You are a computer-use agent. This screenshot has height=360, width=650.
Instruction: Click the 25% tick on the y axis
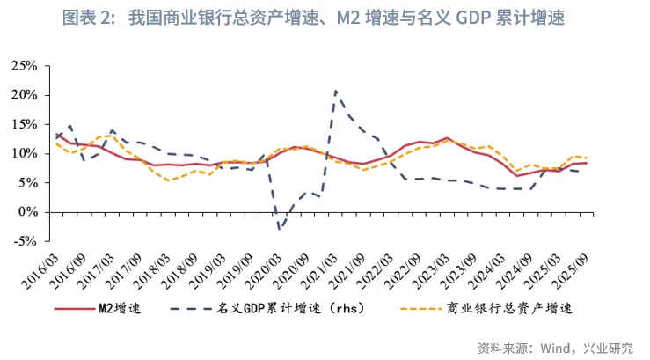[x=25, y=66]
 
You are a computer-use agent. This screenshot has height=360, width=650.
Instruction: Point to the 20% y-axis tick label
[x=25, y=95]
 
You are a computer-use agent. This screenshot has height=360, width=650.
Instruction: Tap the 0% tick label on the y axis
[x=28, y=212]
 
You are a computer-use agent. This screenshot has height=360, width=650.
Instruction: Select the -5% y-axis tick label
[x=26, y=241]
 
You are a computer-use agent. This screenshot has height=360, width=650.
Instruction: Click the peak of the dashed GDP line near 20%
[x=335, y=91]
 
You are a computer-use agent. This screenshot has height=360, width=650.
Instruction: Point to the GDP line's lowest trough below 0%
[x=280, y=230]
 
